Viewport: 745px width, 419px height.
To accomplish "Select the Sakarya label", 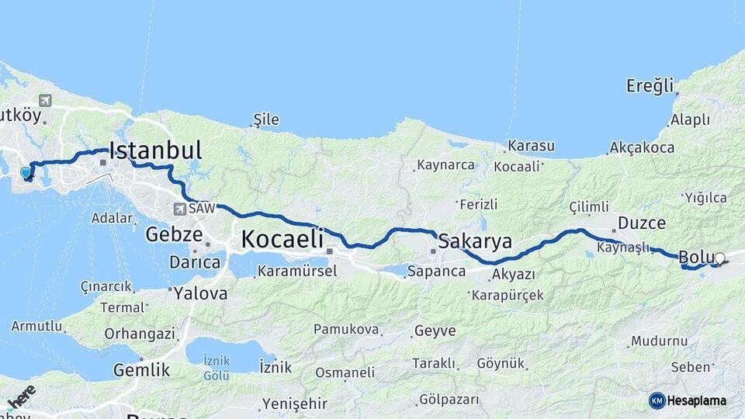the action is [x=474, y=241].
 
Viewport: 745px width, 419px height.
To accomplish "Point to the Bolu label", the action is [x=695, y=257].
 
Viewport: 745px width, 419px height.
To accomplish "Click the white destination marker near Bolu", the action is [x=719, y=258].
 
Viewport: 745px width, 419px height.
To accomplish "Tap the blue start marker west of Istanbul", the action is [x=26, y=172].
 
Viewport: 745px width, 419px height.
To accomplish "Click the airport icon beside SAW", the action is [x=180, y=209].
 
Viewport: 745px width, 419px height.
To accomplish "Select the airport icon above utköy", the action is [x=44, y=100].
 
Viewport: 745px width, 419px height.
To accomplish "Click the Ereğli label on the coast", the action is [x=650, y=86].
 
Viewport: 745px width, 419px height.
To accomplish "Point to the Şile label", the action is [x=265, y=120].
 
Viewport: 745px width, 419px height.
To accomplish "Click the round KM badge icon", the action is [x=657, y=400].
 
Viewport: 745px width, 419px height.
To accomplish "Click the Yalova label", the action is [x=200, y=294].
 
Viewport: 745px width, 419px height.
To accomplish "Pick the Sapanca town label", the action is [x=435, y=272].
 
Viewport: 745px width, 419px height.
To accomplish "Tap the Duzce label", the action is [x=641, y=223].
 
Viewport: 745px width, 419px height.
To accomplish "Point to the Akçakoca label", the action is [x=642, y=147].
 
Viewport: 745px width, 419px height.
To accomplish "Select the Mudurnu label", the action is [x=659, y=341].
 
